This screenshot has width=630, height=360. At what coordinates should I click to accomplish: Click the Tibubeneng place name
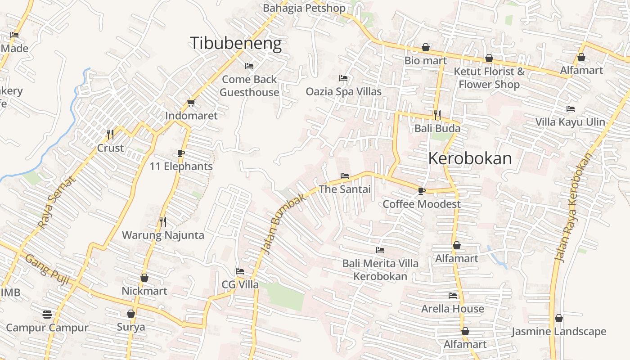tap(236, 43)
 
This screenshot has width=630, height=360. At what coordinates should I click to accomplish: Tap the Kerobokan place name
tap(470, 158)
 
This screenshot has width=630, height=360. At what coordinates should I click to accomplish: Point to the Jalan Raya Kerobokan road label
tap(574, 207)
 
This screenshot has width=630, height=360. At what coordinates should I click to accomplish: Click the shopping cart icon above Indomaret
tap(191, 103)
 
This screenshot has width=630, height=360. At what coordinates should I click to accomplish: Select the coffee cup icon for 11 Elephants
tap(181, 153)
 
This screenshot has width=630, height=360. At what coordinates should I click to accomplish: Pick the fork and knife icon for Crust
tap(110, 134)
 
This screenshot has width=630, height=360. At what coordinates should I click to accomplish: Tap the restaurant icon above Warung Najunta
tap(163, 221)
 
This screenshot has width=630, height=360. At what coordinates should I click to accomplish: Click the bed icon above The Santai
tap(345, 176)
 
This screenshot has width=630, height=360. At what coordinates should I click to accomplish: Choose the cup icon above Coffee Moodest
tap(421, 191)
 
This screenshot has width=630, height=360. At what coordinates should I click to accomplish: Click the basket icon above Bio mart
tap(426, 47)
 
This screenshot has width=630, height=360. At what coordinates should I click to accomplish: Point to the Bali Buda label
tap(437, 129)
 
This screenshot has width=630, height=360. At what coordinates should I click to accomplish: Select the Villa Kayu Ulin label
tap(570, 122)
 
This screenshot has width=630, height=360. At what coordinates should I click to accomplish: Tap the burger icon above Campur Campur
tap(47, 314)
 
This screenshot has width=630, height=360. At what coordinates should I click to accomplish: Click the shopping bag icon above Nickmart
tap(144, 278)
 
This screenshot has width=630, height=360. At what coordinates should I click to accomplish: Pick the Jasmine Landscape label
tap(559, 332)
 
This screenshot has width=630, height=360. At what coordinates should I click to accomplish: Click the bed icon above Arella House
tap(453, 296)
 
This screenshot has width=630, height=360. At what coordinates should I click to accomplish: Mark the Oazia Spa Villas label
tap(343, 92)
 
